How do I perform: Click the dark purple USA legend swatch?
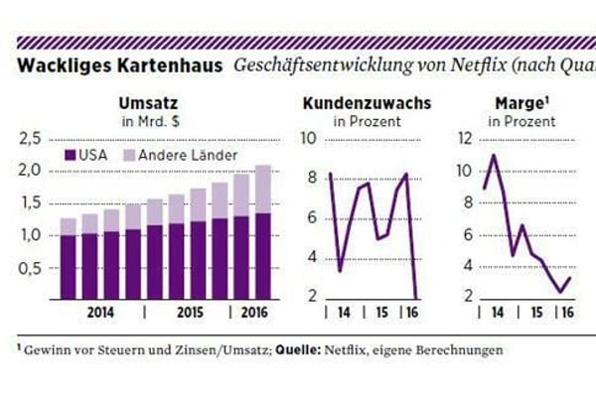point(71,155)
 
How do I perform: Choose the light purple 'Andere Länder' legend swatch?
point(128,155)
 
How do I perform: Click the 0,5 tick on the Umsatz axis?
point(32,268)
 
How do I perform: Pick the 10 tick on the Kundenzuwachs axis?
point(309,138)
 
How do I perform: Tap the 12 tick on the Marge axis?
point(465,138)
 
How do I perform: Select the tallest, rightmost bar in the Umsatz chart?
point(262,231)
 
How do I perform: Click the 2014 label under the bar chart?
point(100,313)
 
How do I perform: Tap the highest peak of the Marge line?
point(494,155)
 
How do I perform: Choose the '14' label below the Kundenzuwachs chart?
point(343,313)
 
